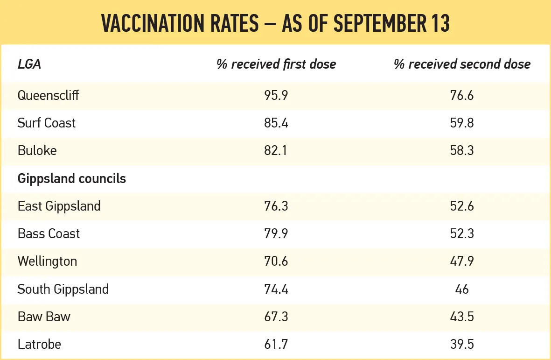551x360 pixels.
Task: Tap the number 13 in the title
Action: point(439,23)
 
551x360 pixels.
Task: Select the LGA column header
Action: point(29,64)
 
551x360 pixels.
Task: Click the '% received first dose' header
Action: point(276,64)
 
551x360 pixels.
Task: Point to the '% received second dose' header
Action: point(462,64)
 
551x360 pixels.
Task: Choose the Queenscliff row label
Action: point(48,95)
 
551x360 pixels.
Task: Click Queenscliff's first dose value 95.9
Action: point(276,95)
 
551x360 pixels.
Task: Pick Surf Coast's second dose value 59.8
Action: point(462,123)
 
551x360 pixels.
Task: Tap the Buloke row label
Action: point(37,150)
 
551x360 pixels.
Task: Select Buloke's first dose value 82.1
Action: point(276,150)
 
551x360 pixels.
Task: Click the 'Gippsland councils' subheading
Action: point(72,178)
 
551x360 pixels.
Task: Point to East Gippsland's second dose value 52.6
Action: point(462,206)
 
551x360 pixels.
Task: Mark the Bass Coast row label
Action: point(49,234)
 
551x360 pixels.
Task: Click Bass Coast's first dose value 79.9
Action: point(276,234)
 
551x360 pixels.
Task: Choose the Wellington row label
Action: point(47,261)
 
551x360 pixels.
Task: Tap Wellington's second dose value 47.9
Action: point(462,261)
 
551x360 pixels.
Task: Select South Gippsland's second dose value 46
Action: point(462,289)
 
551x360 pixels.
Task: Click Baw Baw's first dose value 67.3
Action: point(276,317)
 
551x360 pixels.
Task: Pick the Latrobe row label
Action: point(39,344)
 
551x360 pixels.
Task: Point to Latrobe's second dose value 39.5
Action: point(462,344)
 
